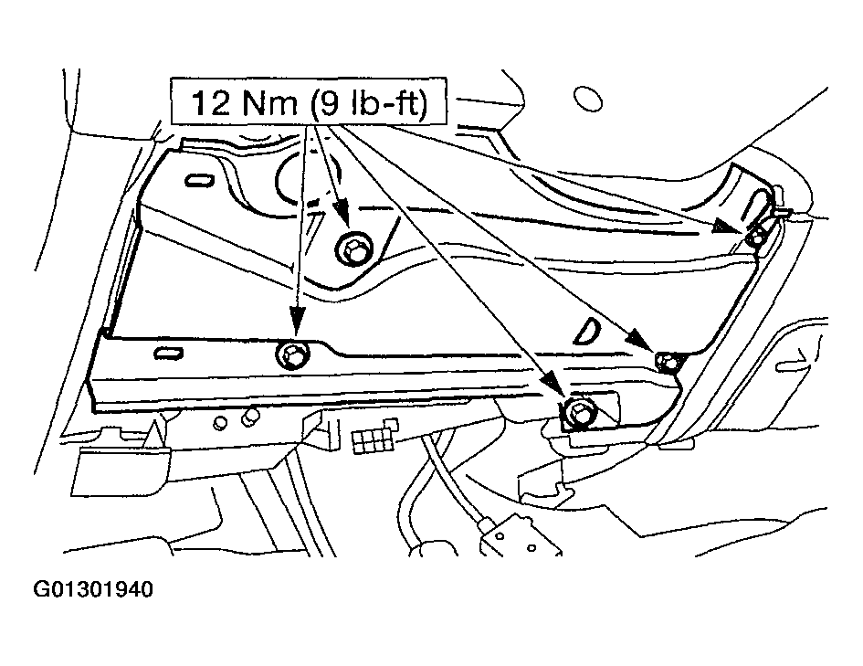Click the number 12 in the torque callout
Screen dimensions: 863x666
pyautogui.click(x=211, y=102)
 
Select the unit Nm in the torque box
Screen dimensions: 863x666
pyautogui.click(x=269, y=102)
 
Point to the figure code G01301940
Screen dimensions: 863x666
pyautogui.click(x=93, y=589)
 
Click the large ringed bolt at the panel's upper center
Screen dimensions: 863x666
pyautogui.click(x=353, y=249)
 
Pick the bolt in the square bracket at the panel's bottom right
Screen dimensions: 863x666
pyautogui.click(x=577, y=412)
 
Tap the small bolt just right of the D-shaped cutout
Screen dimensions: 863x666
pyautogui.click(x=667, y=362)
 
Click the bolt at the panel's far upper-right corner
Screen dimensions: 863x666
pyautogui.click(x=757, y=237)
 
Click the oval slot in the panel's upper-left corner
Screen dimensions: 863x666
pyautogui.click(x=199, y=181)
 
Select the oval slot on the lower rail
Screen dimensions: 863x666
pyautogui.click(x=168, y=353)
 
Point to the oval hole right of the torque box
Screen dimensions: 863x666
pyautogui.click(x=587, y=99)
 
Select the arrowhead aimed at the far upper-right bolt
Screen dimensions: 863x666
pyautogui.click(x=730, y=225)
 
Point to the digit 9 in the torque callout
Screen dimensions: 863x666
pyautogui.click(x=329, y=102)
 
